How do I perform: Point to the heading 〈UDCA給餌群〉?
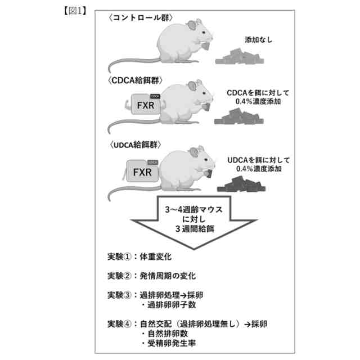pyautogui.click(x=135, y=145)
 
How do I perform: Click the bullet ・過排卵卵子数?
pyautogui.click(x=166, y=305)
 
